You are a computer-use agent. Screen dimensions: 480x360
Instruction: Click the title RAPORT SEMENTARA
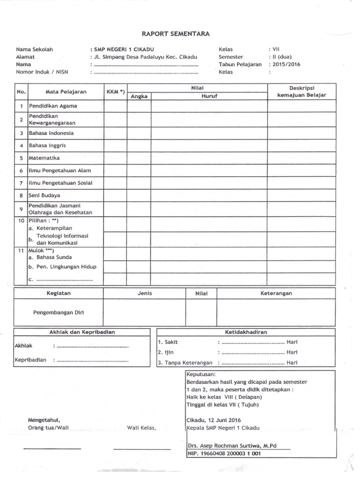176,33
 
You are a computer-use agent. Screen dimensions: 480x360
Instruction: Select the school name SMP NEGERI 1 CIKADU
123,49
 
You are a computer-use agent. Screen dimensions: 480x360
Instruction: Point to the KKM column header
115,91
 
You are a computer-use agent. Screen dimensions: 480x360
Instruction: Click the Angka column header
139,96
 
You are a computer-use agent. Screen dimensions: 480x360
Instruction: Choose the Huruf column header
209,96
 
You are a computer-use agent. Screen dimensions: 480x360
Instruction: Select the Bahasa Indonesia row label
51,133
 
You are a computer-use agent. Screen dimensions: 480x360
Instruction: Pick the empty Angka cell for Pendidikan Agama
139,106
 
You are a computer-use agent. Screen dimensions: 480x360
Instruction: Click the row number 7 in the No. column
21,183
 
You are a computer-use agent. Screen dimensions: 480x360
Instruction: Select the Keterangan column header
276,293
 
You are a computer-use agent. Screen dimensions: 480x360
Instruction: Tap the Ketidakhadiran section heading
246,332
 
